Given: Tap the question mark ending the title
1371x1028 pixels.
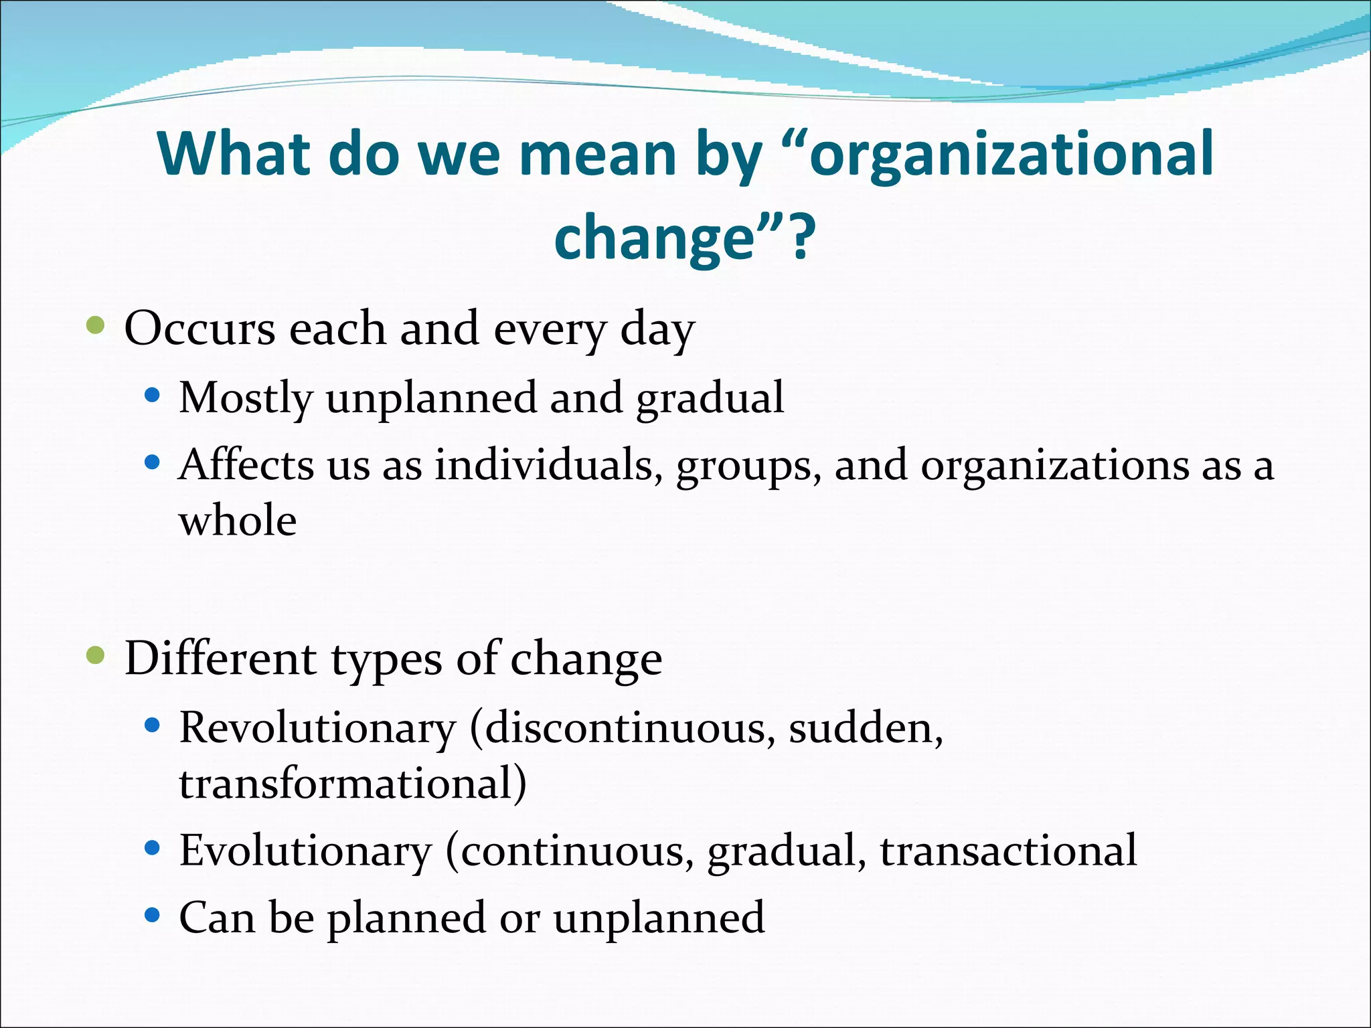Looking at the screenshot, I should [801, 238].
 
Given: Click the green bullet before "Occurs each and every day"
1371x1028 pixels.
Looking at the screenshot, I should [96, 326].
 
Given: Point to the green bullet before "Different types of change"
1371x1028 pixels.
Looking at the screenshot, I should [96, 656].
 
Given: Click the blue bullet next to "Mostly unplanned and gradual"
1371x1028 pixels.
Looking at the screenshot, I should [153, 396].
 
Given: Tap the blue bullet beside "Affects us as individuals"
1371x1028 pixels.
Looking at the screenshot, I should [153, 462].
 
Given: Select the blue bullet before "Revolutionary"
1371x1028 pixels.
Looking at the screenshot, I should [153, 725].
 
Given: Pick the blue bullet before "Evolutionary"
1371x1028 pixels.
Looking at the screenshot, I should [153, 849].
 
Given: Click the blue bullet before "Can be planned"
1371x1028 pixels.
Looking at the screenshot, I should [153, 915].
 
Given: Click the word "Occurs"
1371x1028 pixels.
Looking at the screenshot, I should [199, 329].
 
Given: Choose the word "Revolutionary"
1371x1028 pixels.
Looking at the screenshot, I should [317, 728].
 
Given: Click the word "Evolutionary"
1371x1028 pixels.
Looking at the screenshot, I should [306, 851].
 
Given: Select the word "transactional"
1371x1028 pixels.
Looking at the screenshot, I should [1008, 851].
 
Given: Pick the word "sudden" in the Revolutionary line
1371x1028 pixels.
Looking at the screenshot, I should [861, 727].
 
